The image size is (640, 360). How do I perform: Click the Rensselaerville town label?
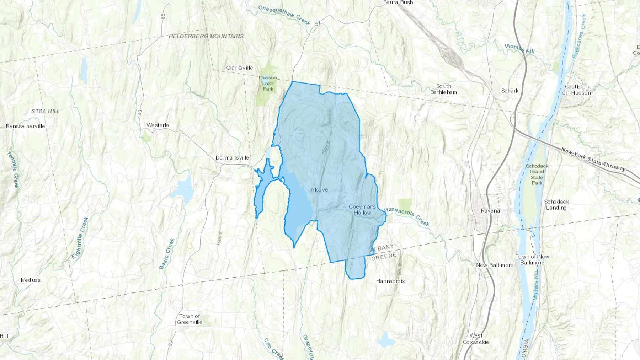25,126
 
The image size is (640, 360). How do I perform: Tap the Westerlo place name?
158,125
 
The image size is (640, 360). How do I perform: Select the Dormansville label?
232,157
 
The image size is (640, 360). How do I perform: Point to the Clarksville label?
240,68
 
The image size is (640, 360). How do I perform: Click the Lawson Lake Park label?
268,83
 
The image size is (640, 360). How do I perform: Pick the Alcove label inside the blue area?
319,190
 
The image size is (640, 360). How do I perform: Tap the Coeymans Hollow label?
362,210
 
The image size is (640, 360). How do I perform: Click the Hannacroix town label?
390,281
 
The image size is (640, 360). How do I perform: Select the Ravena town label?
490,211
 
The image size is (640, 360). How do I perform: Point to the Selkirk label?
510,91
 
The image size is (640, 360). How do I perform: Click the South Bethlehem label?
443,89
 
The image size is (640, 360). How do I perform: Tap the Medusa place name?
31,280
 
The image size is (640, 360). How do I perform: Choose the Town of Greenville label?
190,319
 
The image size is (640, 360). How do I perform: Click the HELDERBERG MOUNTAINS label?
206,36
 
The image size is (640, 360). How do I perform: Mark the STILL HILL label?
46,111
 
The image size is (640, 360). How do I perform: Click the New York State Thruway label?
593,160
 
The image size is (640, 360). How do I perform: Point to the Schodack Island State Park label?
537,174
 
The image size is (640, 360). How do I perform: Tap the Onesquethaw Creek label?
284,15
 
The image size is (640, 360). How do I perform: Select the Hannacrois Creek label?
407,216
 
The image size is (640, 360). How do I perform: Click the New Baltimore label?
495,265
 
